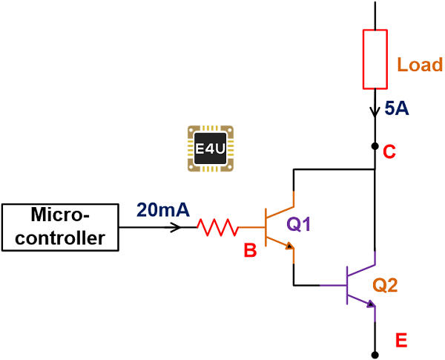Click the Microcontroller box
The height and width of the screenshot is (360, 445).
(60, 226)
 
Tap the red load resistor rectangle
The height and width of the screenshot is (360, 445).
(375, 59)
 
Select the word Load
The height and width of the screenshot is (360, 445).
(420, 64)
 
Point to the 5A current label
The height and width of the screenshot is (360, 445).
(398, 109)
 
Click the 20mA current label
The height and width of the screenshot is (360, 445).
(162, 210)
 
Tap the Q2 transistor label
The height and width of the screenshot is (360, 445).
(387, 285)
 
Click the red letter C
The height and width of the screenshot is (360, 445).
(389, 151)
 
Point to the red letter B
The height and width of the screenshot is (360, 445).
(250, 252)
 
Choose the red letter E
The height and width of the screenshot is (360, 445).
(401, 341)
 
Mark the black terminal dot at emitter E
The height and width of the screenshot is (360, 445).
(375, 354)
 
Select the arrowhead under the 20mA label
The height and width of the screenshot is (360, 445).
(176, 226)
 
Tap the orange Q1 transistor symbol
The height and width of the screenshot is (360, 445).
(279, 226)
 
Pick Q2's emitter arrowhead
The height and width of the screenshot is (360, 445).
(371, 303)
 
